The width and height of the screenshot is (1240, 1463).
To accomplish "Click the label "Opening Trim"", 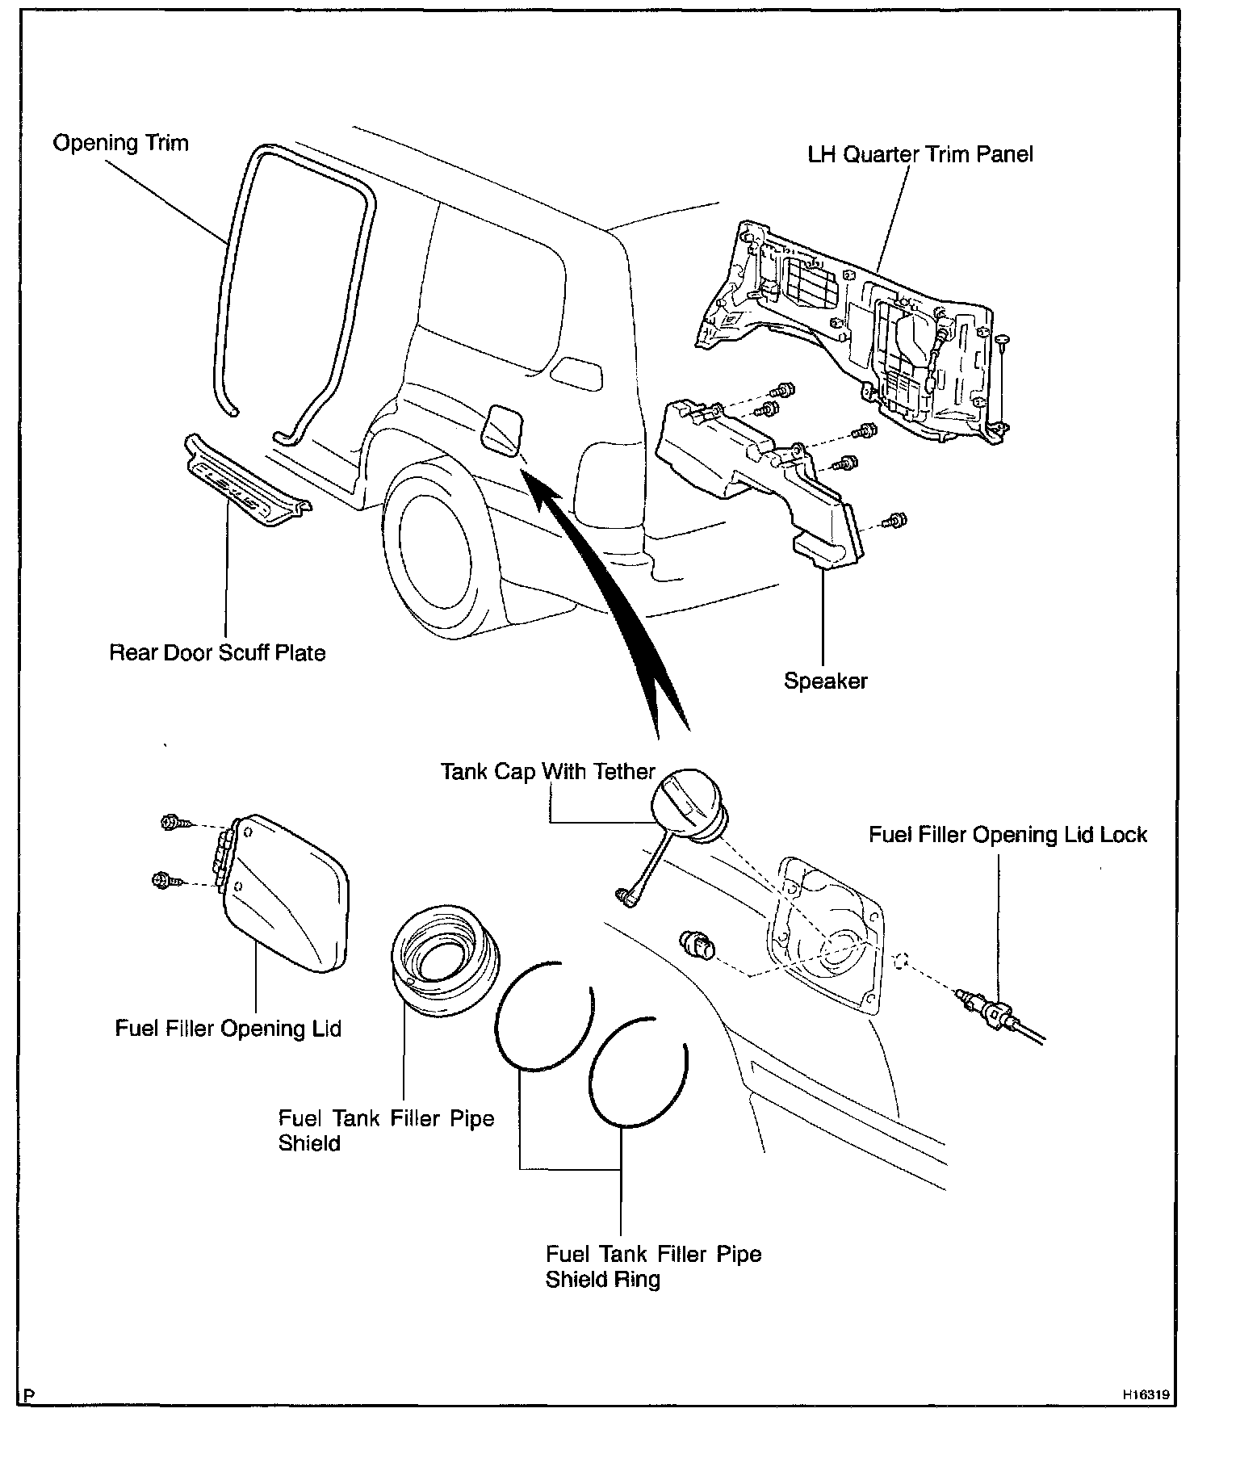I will pyautogui.click(x=120, y=144).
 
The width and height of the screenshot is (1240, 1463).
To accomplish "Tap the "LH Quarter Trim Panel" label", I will pyautogui.click(x=920, y=155).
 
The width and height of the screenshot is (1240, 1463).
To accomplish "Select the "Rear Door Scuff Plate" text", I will pyautogui.click(x=217, y=652).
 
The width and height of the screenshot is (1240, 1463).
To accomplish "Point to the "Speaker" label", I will pyautogui.click(x=825, y=681).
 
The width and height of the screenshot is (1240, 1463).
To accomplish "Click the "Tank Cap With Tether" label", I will pyautogui.click(x=547, y=771).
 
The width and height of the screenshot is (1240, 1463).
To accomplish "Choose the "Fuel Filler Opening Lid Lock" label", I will pyautogui.click(x=1007, y=834).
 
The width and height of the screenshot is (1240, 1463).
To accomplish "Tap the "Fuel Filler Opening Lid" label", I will pyautogui.click(x=228, y=1028).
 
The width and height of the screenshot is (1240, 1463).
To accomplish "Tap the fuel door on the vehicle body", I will pyautogui.click(x=501, y=432).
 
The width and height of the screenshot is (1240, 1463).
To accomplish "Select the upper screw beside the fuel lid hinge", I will pyautogui.click(x=171, y=824).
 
